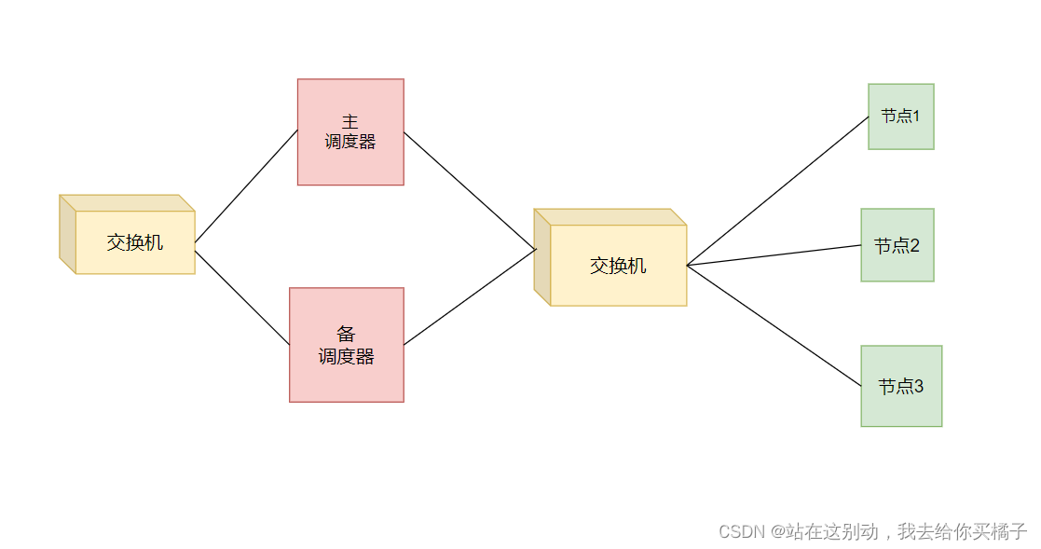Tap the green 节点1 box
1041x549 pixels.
(x=901, y=117)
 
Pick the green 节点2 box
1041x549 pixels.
(x=897, y=245)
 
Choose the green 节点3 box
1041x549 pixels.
(x=901, y=386)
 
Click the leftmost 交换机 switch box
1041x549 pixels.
(x=134, y=242)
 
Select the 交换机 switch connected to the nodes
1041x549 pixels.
(x=618, y=266)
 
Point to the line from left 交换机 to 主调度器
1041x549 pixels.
(x=246, y=186)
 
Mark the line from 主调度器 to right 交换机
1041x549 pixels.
(x=470, y=191)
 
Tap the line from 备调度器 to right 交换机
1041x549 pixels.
(x=470, y=297)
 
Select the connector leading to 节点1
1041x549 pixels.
(x=778, y=191)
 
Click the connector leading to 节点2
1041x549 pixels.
(x=774, y=255)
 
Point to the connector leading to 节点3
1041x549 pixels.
(x=774, y=325)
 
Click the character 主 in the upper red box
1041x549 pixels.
(x=350, y=122)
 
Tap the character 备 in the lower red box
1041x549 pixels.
(x=347, y=335)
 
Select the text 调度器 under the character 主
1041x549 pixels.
(x=350, y=142)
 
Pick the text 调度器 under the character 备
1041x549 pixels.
(x=347, y=356)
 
